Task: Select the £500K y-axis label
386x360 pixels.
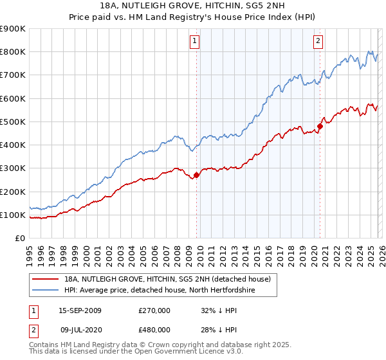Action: coord(13,122)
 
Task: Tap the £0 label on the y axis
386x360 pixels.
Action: coord(19,238)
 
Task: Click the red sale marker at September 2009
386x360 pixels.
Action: coord(196,175)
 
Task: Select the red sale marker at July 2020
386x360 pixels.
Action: coord(320,126)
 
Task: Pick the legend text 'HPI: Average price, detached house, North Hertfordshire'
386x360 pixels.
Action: coord(164,291)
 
